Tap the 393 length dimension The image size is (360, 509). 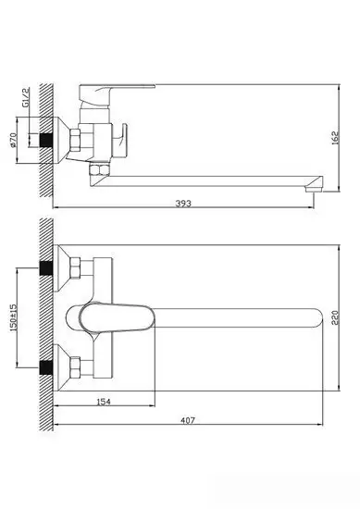(x=184, y=204)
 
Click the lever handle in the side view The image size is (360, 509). (x=110, y=93)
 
